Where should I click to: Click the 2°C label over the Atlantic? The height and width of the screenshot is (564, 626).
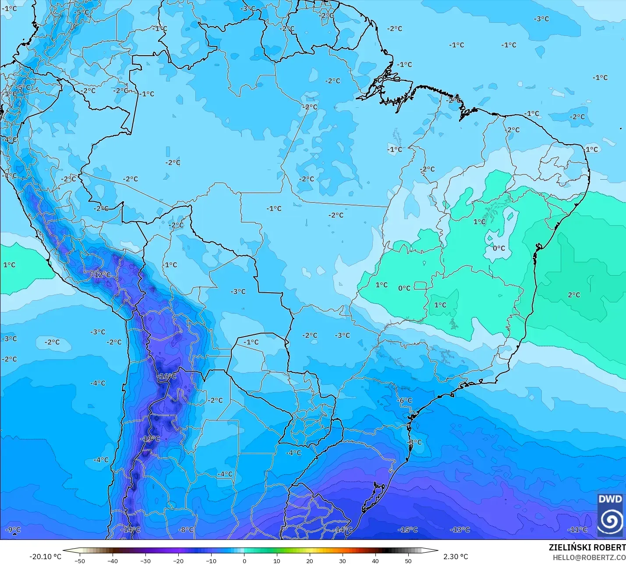[x=574, y=295]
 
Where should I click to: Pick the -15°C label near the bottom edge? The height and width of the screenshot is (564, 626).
[x=407, y=530]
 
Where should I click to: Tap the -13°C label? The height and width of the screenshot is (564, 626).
[x=460, y=530]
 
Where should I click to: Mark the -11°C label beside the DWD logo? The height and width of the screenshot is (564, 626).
[x=577, y=530]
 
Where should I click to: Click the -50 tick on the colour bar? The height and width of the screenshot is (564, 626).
[x=80, y=560]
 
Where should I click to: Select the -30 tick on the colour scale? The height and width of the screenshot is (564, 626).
[x=145, y=560]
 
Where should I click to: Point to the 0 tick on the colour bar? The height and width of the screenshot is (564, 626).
[x=244, y=560]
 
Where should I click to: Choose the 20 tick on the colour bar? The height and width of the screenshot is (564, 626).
[x=310, y=560]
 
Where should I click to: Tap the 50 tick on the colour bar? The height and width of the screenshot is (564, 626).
[x=408, y=560]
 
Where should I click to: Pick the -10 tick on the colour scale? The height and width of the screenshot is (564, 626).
[x=211, y=560]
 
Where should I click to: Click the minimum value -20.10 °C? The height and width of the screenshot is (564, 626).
[x=45, y=557]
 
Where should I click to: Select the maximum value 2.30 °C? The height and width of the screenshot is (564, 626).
[x=456, y=557]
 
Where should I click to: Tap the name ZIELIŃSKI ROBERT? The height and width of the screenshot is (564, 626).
[x=587, y=547]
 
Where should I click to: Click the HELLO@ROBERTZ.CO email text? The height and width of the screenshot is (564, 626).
[x=589, y=557]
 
